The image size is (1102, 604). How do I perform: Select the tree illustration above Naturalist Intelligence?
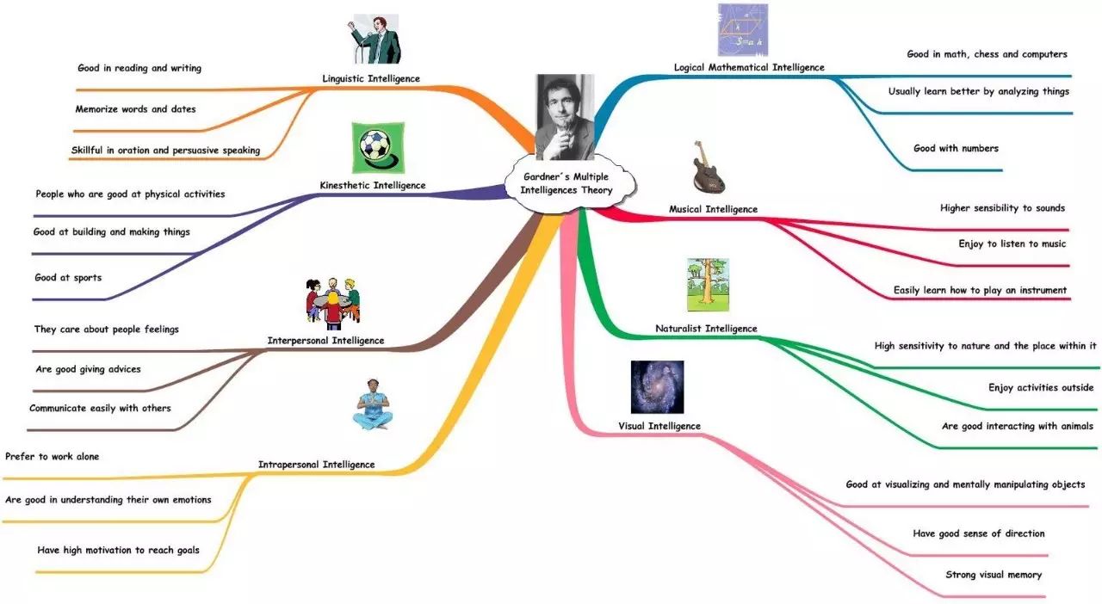point(707,285)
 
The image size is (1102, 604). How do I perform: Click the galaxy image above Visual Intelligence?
point(657,387)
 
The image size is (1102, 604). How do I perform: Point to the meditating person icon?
point(373,404)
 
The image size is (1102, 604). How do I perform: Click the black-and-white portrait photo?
point(564,116)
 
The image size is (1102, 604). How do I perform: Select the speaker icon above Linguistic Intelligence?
point(372,39)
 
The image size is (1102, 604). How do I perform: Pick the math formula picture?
point(743,29)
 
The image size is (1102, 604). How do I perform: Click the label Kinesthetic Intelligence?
point(373,185)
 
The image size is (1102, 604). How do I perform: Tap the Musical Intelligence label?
point(713,209)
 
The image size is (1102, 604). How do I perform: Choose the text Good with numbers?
point(956,148)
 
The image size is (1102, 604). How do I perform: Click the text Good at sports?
point(68,278)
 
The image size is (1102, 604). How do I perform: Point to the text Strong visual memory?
point(994,575)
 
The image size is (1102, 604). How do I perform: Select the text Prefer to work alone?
point(52,457)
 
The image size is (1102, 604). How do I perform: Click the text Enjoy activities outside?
point(1040,388)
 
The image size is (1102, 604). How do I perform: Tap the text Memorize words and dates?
point(135,109)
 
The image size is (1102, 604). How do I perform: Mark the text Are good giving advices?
point(88,369)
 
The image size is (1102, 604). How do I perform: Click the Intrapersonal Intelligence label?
point(316,465)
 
